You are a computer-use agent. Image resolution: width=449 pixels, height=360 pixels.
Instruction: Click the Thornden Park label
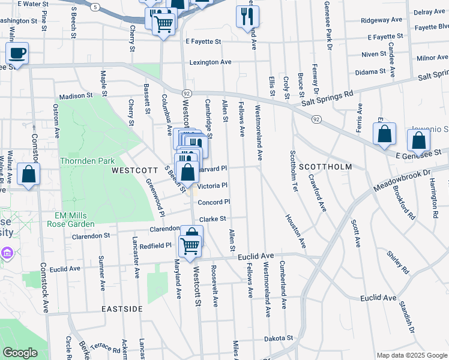pos(87,161)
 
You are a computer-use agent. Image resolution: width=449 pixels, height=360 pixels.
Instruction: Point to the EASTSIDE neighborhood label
pos(122,309)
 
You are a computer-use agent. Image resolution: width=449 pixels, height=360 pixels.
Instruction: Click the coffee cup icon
pos(17,53)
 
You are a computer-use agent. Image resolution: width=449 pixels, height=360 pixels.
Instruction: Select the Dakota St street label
pos(279,338)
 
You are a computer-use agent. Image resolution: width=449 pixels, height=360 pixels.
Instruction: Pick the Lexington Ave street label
pos(210,62)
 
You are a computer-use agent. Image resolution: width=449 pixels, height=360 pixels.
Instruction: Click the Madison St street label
pos(76,96)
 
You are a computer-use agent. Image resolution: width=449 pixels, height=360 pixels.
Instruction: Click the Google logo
pos(20,353)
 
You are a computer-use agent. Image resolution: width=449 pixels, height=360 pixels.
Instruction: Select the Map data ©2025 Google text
pos(411,355)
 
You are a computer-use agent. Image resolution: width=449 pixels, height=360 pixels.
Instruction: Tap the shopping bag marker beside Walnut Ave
pos(28,175)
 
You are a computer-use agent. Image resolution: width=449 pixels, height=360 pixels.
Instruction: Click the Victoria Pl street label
pos(212,186)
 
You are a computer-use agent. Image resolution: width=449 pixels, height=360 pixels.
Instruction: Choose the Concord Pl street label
pos(214,202)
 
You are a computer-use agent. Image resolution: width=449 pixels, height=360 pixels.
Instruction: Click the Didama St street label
pos(369,71)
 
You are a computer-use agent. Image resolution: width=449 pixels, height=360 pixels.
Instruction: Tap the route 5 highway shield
pos(95,7)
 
